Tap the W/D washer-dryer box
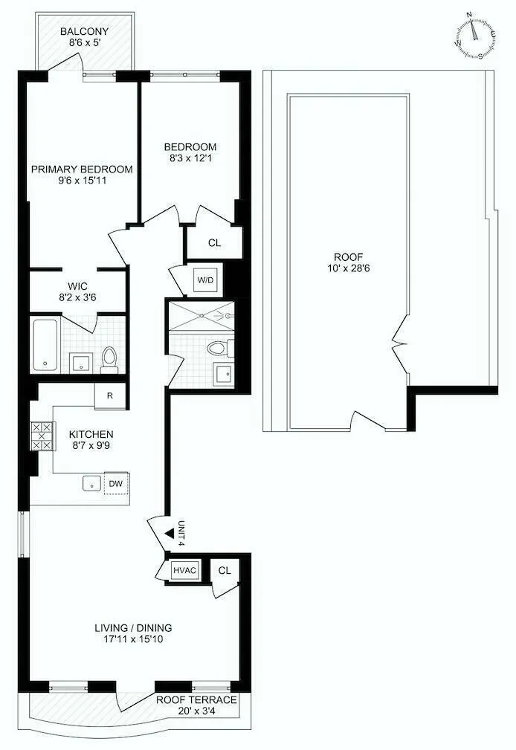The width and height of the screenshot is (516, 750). point(204,280)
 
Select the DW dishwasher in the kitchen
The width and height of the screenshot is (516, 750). point(115,483)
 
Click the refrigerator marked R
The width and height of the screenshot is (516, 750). point(109,395)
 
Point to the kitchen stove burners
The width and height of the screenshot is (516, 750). point(42,436)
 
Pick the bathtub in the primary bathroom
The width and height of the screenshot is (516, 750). point(45,346)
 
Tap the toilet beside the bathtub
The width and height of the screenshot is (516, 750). point(110,358)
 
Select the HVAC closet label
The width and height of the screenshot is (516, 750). point(184,570)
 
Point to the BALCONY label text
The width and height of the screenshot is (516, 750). point(85,32)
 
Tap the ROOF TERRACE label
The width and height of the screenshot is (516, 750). point(196,700)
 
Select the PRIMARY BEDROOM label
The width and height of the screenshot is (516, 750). point(82,169)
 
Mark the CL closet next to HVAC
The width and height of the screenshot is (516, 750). point(225,570)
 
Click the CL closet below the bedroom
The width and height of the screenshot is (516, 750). point(214,242)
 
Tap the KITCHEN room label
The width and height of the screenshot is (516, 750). point(91,434)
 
